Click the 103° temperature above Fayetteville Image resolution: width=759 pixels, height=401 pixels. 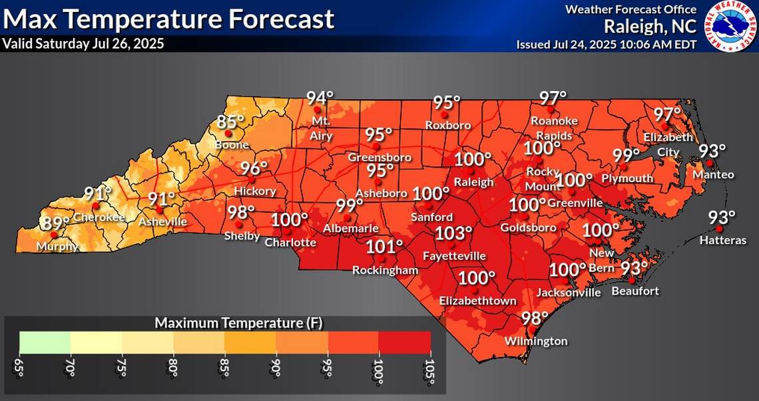point(454,233)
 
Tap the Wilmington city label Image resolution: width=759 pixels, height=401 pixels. point(536,341)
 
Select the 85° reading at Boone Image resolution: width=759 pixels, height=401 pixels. point(231,122)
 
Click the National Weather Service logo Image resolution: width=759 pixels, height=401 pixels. point(728,26)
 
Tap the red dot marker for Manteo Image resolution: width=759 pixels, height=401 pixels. point(710,163)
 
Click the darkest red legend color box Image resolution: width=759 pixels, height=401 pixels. point(405,341)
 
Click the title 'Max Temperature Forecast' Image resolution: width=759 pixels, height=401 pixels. point(168,19)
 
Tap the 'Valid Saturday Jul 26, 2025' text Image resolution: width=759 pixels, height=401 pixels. point(83,44)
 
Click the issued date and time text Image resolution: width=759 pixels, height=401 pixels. point(607,45)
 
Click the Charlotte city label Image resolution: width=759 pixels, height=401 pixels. point(290,242)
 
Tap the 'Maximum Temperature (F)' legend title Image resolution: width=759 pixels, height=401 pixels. point(225,323)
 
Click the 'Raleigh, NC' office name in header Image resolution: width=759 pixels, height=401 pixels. point(650,27)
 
